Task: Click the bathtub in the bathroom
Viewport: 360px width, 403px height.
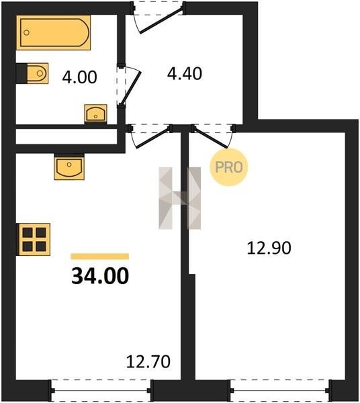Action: (x=54, y=32)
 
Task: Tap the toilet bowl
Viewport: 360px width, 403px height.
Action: (x=38, y=73)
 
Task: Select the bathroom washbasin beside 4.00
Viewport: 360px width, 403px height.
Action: (x=95, y=114)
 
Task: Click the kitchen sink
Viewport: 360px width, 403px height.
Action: (x=69, y=167)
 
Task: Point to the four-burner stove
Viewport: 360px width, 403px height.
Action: (x=34, y=240)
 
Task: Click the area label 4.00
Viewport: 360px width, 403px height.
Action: (x=79, y=77)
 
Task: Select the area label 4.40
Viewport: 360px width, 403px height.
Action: (x=185, y=73)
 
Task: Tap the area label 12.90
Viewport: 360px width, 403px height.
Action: (x=269, y=248)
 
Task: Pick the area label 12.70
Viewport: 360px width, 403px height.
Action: (x=148, y=361)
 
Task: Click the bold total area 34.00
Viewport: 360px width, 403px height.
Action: (x=100, y=276)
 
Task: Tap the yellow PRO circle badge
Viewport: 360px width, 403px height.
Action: (x=228, y=167)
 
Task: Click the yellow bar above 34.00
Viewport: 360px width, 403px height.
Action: (x=100, y=257)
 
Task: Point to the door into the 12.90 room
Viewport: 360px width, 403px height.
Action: (x=211, y=138)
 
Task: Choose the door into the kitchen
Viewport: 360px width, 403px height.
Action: (x=152, y=138)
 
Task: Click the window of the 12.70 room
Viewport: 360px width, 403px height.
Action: (x=101, y=391)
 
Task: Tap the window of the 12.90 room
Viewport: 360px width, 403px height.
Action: (x=279, y=391)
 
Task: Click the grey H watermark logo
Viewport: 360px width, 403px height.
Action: (x=179, y=198)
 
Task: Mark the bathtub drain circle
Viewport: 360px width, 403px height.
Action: (x=26, y=32)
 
